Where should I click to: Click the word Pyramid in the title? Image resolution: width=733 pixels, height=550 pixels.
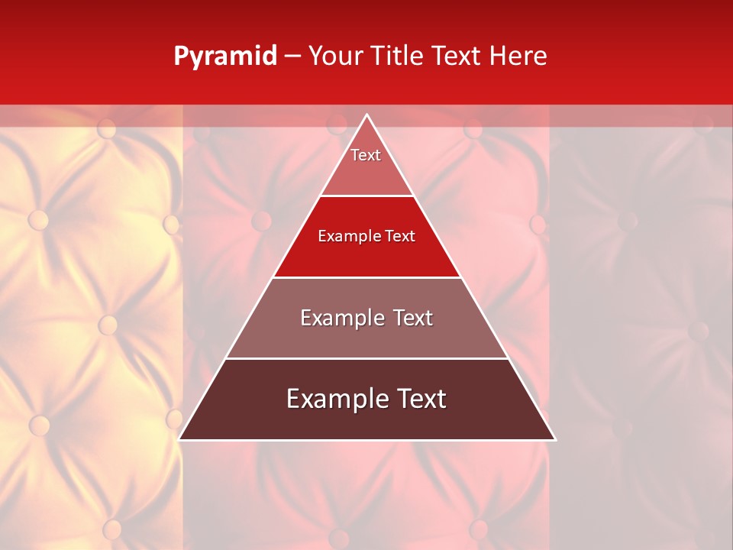[224, 57]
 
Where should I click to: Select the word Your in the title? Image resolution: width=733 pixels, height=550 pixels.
[333, 57]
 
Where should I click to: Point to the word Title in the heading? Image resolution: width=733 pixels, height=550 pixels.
[396, 57]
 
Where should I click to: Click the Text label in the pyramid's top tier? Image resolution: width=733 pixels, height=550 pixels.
[366, 155]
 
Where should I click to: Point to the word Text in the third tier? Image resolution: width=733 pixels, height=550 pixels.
[413, 318]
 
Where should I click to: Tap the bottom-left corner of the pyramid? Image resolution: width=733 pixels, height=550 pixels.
[179, 439]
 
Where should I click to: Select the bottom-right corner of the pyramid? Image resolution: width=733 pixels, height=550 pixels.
[555, 439]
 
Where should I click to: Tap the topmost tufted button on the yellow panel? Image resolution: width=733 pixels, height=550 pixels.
[107, 128]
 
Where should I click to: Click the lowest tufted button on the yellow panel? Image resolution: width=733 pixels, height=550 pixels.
[112, 528]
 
